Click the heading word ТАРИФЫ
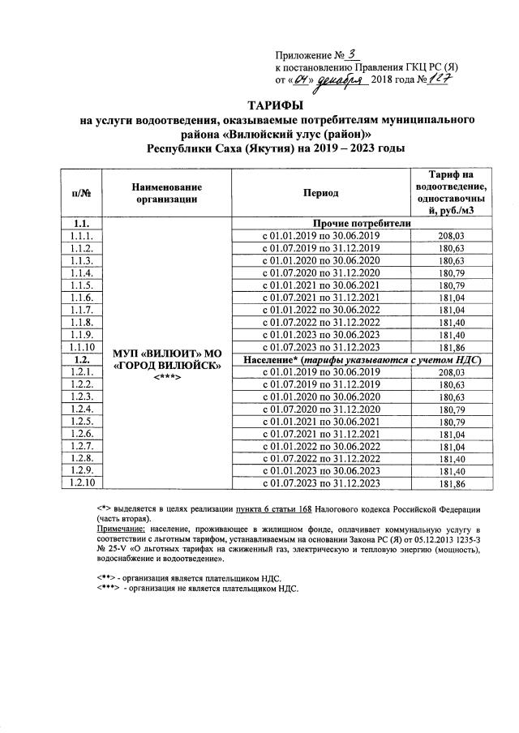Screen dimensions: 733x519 pos(277,105)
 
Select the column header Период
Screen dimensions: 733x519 pos(318,193)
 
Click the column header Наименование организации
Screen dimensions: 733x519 pos(167,193)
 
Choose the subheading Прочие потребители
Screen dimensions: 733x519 pos(357,223)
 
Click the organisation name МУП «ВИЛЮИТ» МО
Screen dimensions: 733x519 pos(167,354)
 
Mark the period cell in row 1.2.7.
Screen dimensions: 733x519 pos(318,446)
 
